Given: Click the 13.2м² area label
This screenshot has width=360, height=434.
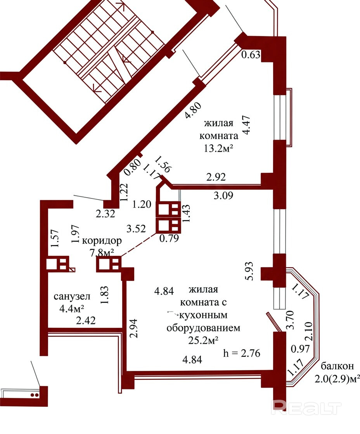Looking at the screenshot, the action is click(218, 149).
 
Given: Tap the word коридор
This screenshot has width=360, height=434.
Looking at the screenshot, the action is click(102, 241).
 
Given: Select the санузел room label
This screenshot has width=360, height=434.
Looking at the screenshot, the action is click(72, 296).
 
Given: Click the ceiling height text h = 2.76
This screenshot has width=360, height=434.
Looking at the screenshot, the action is click(242, 353).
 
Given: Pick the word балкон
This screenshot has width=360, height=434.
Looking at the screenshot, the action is click(337, 366).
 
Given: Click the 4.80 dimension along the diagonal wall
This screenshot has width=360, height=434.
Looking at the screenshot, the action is click(193, 110).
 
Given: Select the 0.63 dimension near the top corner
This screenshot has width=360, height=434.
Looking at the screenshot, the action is click(251, 55).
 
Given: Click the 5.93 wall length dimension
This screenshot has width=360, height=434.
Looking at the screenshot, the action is click(249, 271).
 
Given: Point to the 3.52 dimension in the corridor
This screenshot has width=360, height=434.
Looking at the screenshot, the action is click(136, 229).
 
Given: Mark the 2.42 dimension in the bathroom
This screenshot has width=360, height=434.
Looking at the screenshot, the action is click(86, 320).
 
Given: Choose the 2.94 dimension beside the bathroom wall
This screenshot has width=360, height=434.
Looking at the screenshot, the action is click(133, 328).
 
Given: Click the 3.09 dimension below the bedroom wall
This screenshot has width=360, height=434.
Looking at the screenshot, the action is click(223, 195).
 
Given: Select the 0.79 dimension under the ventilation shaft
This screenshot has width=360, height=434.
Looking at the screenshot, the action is click(169, 238).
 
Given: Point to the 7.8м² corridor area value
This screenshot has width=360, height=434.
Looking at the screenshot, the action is click(102, 253).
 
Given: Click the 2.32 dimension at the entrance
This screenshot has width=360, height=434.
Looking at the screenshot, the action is click(105, 214).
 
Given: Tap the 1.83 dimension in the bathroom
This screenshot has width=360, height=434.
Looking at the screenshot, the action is click(106, 295).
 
